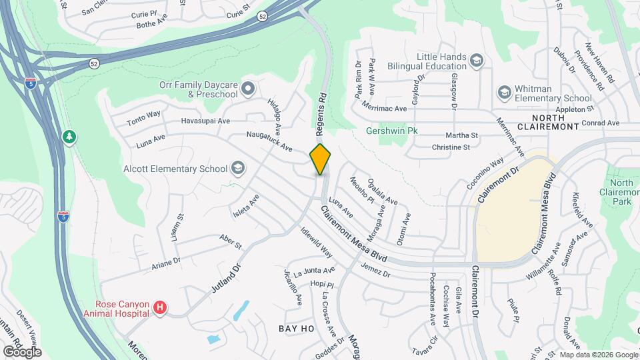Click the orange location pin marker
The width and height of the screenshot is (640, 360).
[321, 159]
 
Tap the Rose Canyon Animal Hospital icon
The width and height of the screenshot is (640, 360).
[160, 307]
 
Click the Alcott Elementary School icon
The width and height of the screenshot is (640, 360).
[237, 169]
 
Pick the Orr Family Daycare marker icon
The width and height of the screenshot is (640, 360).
[248, 88]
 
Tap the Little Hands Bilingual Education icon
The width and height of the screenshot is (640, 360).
[476, 61]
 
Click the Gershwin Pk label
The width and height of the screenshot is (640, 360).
[391, 131]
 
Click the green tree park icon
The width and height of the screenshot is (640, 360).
[69, 137]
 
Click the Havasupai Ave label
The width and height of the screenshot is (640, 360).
[205, 121]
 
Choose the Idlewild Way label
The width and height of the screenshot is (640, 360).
[317, 245]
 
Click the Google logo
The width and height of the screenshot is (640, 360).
[21, 351]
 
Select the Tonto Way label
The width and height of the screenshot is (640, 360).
[144, 118]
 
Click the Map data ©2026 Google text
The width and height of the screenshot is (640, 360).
[599, 354]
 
